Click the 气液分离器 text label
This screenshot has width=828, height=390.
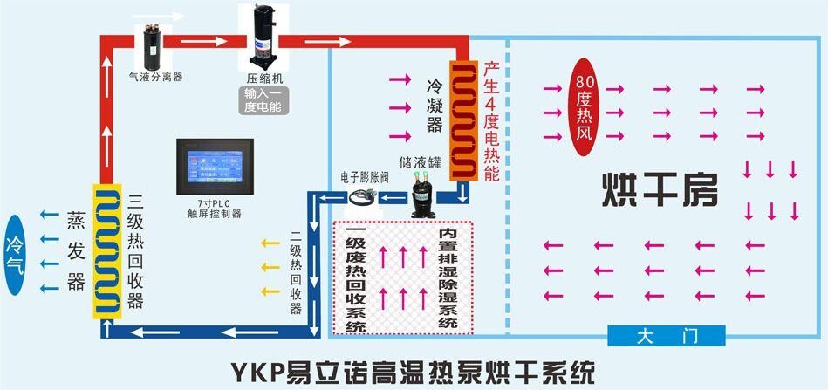(x=155, y=77)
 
